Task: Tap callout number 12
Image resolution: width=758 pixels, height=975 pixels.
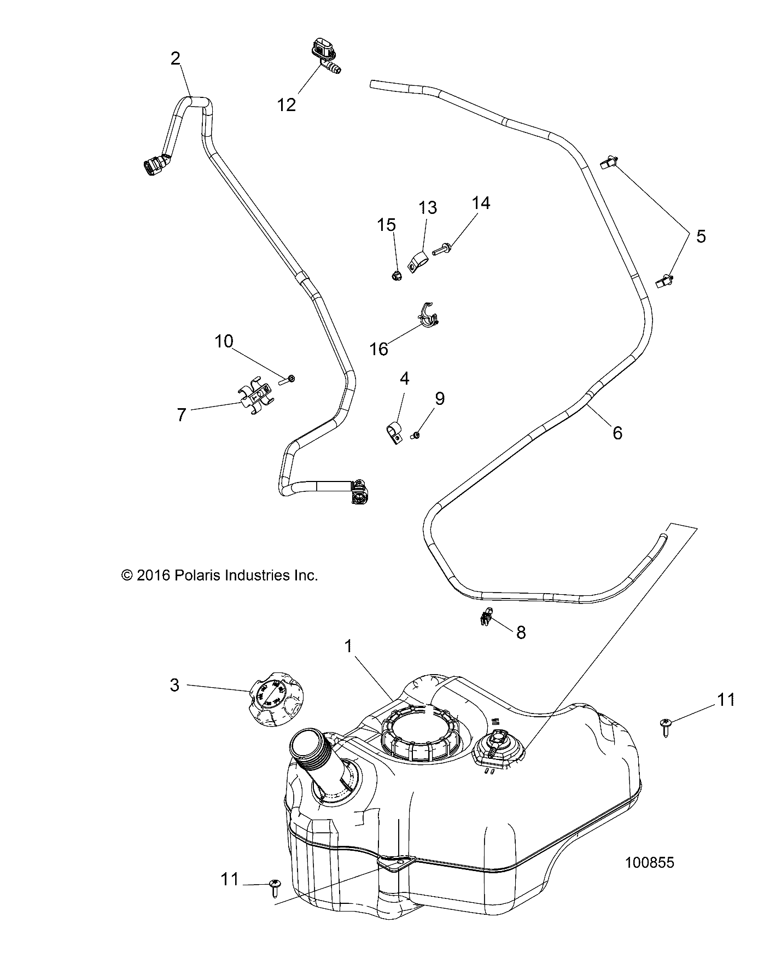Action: click(286, 104)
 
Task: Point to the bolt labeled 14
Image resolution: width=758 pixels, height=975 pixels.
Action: click(440, 251)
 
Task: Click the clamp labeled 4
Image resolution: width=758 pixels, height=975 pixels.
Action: click(392, 433)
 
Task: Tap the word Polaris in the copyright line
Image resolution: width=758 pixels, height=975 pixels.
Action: click(196, 576)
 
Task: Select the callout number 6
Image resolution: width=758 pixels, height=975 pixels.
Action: click(617, 433)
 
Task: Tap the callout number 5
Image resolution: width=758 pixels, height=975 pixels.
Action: click(700, 236)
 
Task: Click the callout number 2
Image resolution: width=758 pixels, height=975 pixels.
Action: click(175, 59)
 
